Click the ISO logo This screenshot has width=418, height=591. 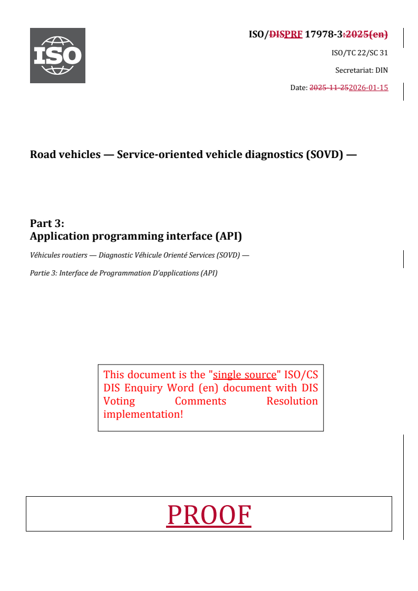tap(57, 55)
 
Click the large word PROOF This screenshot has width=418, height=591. tap(209, 515)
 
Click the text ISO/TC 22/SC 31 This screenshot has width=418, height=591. tap(359, 53)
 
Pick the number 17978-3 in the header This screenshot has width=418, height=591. tap(324, 35)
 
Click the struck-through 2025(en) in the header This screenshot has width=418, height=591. tap(366, 35)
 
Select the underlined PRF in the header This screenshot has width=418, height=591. tap(293, 35)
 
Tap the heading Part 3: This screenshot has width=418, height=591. tap(47, 223)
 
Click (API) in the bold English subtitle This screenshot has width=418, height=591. tap(228, 236)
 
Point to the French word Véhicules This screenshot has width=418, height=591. tap(45, 255)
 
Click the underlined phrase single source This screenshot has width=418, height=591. tap(245, 375)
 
